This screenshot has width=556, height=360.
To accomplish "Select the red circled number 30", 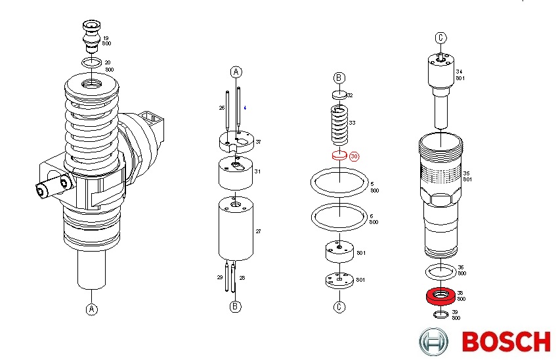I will pyautogui.click(x=354, y=157).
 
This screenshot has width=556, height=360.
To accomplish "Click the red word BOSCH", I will pyautogui.click(x=505, y=342).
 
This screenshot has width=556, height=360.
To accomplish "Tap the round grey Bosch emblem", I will pyautogui.click(x=434, y=342).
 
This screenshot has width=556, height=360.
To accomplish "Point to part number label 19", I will pyautogui.click(x=106, y=38).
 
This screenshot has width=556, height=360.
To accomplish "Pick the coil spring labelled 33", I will pyautogui.click(x=339, y=125).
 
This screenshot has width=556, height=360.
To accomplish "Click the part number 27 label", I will pyautogui.click(x=259, y=231).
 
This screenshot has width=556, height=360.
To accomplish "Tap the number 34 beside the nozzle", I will pyautogui.click(x=460, y=72).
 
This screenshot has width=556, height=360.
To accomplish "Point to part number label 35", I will pyautogui.click(x=467, y=173).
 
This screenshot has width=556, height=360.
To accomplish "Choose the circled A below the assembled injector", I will pyautogui.click(x=92, y=309).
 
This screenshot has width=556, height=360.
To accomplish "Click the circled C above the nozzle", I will pyautogui.click(x=440, y=37).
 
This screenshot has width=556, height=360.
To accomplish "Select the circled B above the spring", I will pyautogui.click(x=339, y=78).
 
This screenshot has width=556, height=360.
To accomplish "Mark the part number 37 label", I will pyautogui.click(x=259, y=142).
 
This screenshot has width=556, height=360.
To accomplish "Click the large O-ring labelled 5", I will pyautogui.click(x=339, y=182).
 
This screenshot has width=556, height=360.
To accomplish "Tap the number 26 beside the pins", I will pyautogui.click(x=222, y=107).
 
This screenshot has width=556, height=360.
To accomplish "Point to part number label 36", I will pyautogui.click(x=461, y=267).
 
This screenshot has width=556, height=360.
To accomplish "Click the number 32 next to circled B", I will pyautogui.click(x=350, y=95).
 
